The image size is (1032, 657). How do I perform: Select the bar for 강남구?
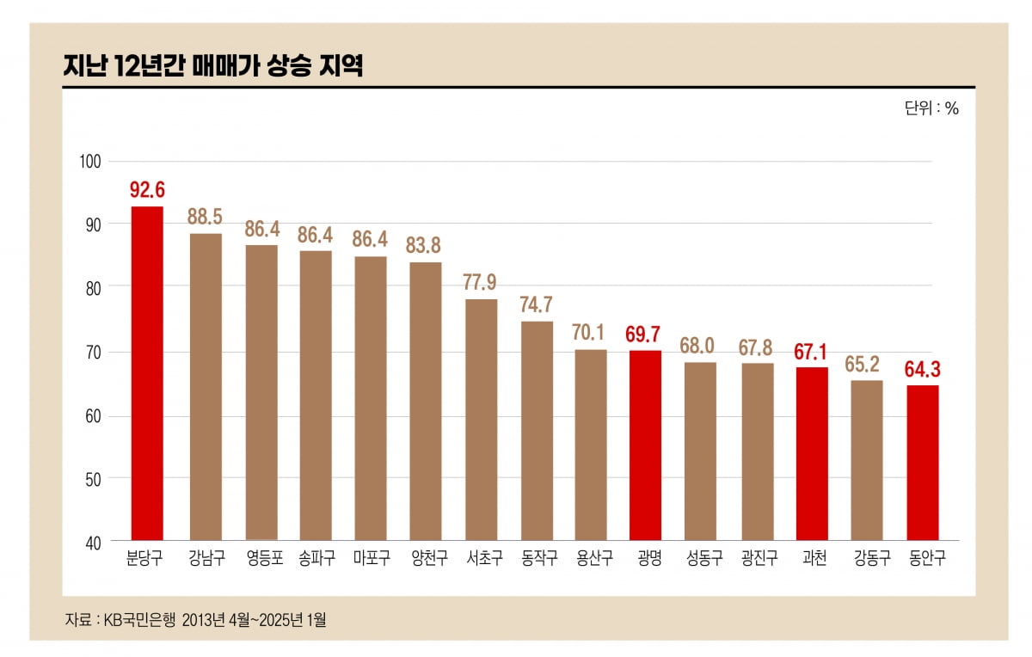coord(206,386)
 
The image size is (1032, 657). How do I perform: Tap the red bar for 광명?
coord(645,445)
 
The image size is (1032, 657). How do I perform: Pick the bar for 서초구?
coord(481,419)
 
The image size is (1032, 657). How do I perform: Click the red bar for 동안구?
coord(923,462)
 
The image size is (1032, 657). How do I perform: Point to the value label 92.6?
coord(146,189)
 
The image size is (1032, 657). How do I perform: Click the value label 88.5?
coord(206,216)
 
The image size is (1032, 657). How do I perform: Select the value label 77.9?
coord(481,282)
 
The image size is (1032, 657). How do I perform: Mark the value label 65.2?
coord(867,363)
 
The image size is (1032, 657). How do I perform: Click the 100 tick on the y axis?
coord(90,162)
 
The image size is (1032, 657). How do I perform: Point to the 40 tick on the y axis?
coord(94,543)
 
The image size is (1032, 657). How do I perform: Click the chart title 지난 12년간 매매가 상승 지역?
coord(212,66)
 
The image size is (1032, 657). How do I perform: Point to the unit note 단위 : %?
coord(931,109)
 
